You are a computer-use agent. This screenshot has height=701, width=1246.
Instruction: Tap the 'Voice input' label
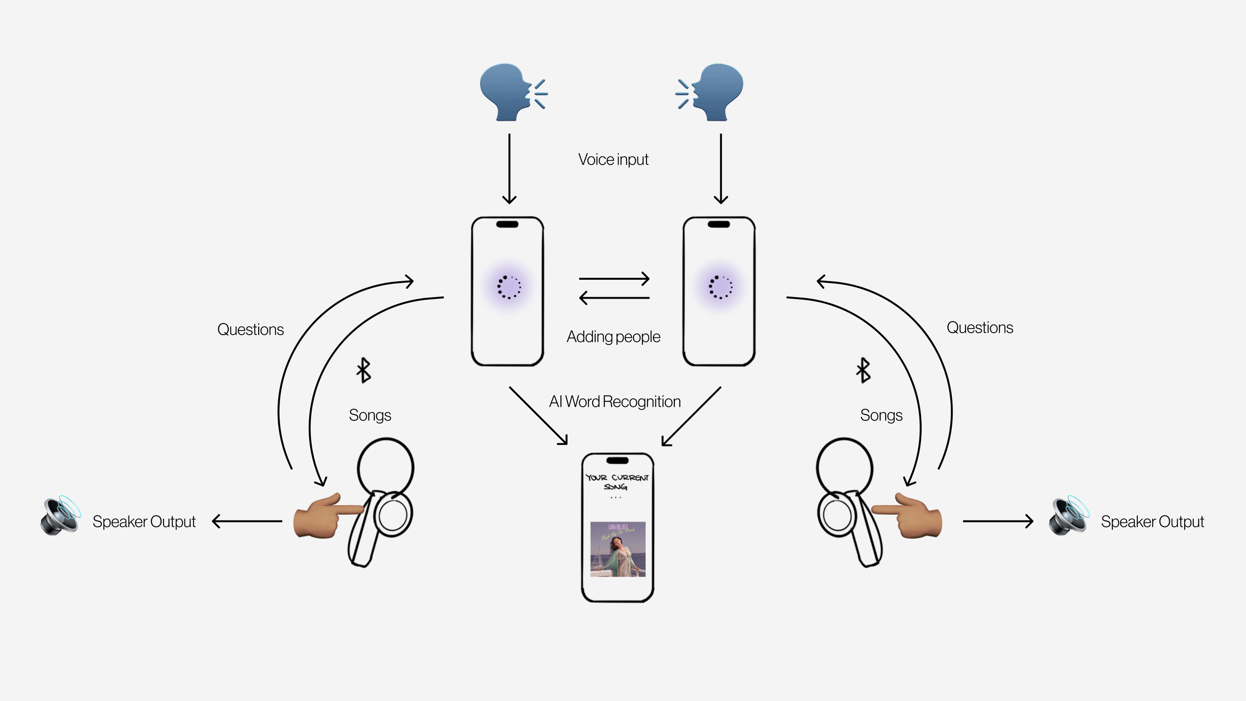click(x=613, y=160)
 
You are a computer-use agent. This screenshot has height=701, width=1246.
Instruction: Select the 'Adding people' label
click(x=613, y=337)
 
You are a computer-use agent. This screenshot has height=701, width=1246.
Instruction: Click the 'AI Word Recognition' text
click(x=615, y=402)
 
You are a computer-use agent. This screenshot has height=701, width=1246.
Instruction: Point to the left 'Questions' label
click(x=250, y=330)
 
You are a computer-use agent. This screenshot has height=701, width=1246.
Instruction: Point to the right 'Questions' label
click(x=980, y=328)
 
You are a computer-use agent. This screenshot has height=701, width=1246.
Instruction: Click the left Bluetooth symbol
click(x=364, y=370)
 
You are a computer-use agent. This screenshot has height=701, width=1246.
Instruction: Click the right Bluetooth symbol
click(x=863, y=370)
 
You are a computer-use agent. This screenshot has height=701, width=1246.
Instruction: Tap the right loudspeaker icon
click(x=1069, y=516)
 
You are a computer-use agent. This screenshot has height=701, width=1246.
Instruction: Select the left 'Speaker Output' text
click(x=144, y=522)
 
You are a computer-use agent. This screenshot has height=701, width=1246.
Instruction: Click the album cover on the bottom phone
click(x=618, y=549)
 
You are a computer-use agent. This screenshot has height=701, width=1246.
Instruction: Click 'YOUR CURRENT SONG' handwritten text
click(x=617, y=482)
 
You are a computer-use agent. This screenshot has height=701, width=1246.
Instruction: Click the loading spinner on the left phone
click(x=508, y=287)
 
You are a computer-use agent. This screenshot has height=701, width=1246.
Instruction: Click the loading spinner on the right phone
click(x=720, y=287)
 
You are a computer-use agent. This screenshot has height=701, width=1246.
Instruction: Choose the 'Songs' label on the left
click(x=370, y=415)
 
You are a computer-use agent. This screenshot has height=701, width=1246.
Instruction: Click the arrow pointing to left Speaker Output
click(x=247, y=522)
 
